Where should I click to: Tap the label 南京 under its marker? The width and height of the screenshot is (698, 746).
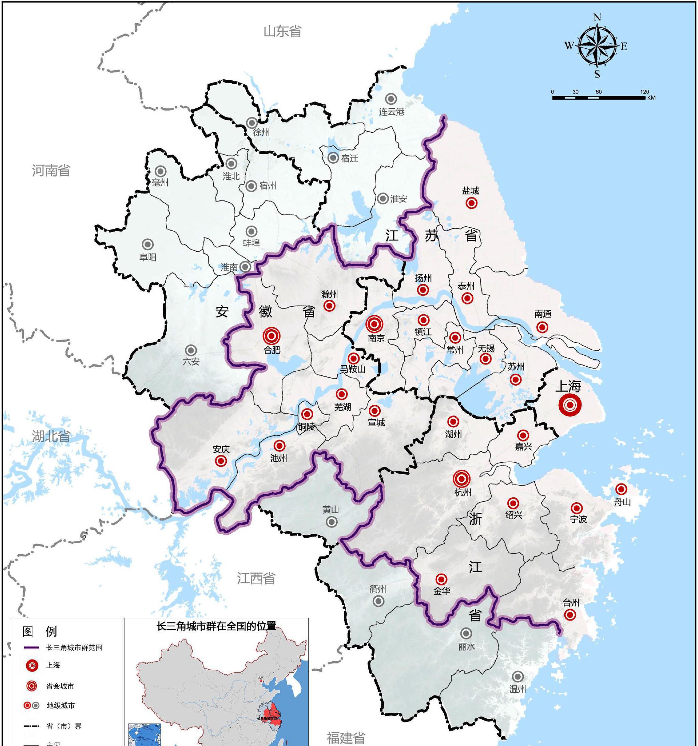click(x=376, y=338)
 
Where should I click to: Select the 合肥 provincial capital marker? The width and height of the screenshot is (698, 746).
click(x=272, y=336)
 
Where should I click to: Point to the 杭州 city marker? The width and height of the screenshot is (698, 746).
click(x=462, y=478)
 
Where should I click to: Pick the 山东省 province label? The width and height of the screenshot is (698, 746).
click(x=283, y=31)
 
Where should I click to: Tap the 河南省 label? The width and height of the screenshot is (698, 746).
click(x=51, y=171)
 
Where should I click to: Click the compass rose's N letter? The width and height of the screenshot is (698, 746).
click(x=597, y=18)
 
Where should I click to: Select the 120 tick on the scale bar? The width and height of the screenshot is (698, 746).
click(x=644, y=92)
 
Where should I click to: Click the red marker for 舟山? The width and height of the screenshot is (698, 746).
click(x=621, y=489)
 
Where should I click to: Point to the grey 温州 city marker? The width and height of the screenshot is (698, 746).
click(x=518, y=676)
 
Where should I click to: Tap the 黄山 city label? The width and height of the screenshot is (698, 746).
click(x=331, y=510)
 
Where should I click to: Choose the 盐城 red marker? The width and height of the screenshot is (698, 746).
click(x=471, y=203)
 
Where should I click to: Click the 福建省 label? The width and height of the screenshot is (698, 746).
click(x=346, y=738)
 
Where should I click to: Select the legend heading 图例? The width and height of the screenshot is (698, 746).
click(x=40, y=631)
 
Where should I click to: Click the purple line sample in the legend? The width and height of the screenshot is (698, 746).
click(x=31, y=648)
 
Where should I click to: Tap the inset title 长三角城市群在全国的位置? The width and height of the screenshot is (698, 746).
click(x=216, y=626)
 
